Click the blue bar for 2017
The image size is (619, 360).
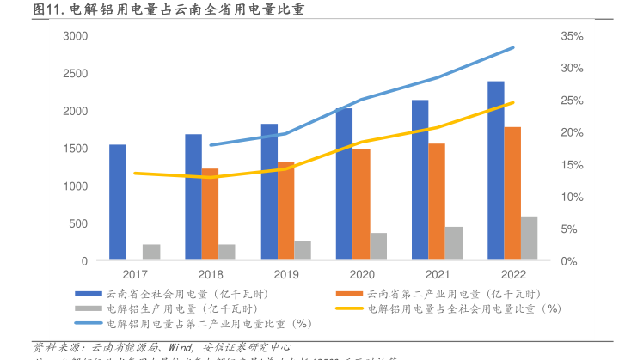[x=118, y=203]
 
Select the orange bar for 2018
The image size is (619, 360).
[x=210, y=215]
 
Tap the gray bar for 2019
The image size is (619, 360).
[x=303, y=251]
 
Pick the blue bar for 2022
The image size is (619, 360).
[x=496, y=171]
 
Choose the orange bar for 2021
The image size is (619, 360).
[x=437, y=202]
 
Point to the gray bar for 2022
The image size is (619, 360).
[x=530, y=238]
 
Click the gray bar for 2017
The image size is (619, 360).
[x=151, y=253]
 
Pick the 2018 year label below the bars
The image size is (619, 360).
[x=210, y=275]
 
